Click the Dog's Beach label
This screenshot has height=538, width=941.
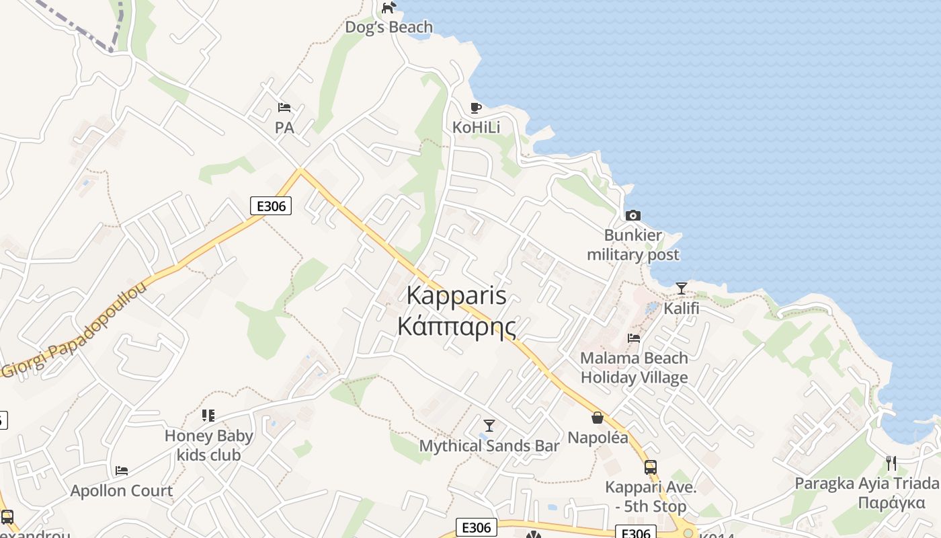(x=388, y=28)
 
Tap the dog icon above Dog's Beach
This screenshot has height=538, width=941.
(x=388, y=8)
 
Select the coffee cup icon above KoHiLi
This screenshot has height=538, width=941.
(x=476, y=108)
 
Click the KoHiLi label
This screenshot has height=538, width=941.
(x=476, y=127)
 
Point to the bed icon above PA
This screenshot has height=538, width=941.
(x=284, y=108)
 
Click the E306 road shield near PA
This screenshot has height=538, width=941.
(x=271, y=206)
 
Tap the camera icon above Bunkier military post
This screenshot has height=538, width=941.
(x=632, y=215)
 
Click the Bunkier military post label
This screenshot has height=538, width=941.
(x=632, y=245)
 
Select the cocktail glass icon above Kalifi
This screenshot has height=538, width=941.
(x=682, y=289)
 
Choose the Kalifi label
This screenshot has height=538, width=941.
(x=682, y=309)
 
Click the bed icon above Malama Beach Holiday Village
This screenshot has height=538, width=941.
(x=634, y=338)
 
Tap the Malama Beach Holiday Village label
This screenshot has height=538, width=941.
(x=634, y=368)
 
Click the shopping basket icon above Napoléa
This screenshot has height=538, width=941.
(x=597, y=418)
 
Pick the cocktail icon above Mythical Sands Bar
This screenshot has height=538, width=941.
(x=489, y=425)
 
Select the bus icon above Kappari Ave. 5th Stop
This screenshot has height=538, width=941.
(x=650, y=467)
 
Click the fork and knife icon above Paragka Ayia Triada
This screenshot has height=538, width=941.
(x=891, y=463)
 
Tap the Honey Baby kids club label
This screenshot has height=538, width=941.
(x=208, y=445)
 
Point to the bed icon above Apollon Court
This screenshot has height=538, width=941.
(x=122, y=470)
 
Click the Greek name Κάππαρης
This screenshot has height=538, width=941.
(x=456, y=327)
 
